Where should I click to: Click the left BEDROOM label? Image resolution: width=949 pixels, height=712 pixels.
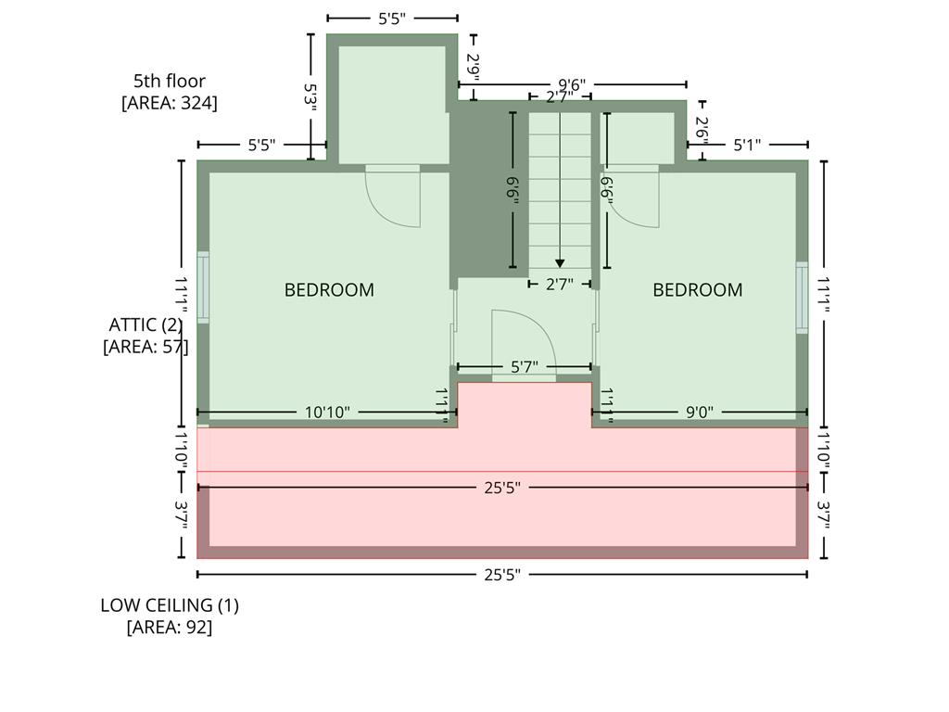point(329,290)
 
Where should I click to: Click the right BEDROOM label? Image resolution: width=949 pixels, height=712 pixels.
point(697,290)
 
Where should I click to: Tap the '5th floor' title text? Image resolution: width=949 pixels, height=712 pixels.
point(170,81)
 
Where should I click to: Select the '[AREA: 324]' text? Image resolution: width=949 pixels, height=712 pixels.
point(170,103)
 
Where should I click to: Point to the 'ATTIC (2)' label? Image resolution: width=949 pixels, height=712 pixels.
point(146,324)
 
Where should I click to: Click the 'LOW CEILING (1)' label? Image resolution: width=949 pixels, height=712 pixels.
point(170,604)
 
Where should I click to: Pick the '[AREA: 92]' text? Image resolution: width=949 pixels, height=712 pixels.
point(170,628)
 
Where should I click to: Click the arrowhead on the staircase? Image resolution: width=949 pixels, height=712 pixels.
point(560,263)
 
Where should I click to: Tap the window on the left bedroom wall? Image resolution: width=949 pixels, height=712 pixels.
point(203,287)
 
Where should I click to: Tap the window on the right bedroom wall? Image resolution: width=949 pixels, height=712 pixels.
point(802,298)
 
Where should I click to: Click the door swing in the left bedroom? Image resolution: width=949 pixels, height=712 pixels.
point(393,197)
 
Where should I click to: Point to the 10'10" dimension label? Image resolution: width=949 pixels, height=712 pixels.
point(327,413)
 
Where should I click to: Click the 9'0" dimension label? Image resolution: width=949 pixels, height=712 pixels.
point(700,413)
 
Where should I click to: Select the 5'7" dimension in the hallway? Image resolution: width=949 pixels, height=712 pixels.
point(525,367)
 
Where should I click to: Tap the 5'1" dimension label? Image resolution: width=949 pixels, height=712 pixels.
point(747,145)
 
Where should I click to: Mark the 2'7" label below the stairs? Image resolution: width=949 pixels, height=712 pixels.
point(559,284)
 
